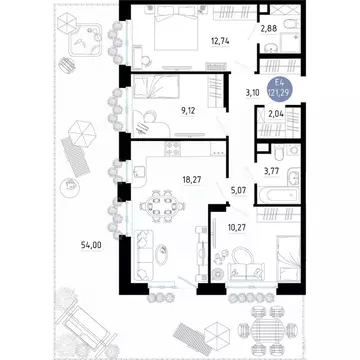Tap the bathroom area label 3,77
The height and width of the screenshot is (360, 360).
pyautogui.click(x=270, y=171)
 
